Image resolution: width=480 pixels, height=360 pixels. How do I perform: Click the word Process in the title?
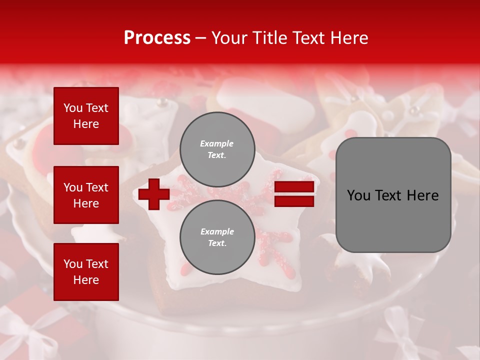(157, 38)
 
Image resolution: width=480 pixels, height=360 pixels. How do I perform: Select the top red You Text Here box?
(86, 116)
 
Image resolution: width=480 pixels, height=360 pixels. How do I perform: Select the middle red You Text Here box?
(86, 195)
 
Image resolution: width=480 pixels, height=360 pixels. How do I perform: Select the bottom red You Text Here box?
(86, 272)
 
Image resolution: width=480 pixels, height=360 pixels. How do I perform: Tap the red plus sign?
(154, 194)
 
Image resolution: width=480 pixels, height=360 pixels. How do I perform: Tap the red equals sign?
(294, 194)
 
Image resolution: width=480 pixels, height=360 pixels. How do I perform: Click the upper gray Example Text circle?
(217, 149)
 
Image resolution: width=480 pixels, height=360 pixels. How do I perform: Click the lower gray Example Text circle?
(217, 237)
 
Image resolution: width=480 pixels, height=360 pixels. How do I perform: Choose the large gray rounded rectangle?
(393, 195)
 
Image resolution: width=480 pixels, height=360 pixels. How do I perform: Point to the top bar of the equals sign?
(294, 187)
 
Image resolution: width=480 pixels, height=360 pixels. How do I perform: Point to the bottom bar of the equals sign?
(294, 201)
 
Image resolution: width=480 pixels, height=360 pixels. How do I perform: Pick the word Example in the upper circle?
(217, 143)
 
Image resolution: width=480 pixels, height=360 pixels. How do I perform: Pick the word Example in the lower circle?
(217, 231)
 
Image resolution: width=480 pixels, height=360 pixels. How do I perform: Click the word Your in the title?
(227, 38)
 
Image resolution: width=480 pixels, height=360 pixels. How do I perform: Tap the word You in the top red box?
(73, 108)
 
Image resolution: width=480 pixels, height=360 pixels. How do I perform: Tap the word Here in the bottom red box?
(86, 280)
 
